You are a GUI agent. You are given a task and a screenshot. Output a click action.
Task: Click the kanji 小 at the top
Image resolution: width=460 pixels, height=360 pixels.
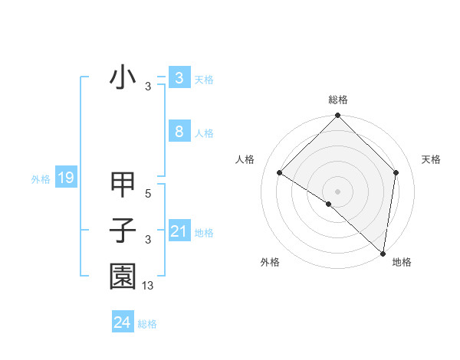(123, 78)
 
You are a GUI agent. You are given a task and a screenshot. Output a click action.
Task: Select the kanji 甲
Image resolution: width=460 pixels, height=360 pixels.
(123, 185)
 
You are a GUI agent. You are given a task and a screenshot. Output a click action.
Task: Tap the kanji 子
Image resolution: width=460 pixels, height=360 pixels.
(123, 231)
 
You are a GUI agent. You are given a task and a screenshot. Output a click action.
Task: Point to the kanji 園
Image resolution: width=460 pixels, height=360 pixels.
(123, 277)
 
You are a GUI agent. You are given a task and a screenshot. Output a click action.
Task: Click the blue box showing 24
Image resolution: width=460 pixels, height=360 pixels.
(122, 322)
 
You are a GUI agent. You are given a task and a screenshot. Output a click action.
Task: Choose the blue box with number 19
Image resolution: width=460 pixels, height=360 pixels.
(65, 178)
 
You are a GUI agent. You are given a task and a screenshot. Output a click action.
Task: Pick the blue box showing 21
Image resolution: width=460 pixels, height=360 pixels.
(179, 231)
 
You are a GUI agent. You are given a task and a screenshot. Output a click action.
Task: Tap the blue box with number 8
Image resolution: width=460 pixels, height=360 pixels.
(179, 131)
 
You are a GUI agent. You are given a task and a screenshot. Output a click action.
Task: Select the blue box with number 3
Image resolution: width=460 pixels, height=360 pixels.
(179, 77)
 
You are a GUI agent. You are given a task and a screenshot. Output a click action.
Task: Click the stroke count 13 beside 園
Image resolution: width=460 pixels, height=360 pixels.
(148, 286)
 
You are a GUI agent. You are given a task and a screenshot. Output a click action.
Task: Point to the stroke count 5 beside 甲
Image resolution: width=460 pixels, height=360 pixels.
(148, 194)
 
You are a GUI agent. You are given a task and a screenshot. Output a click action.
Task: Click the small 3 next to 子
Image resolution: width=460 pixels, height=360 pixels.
(148, 240)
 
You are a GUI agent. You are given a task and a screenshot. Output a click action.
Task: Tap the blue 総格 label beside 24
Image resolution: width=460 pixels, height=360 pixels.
(147, 324)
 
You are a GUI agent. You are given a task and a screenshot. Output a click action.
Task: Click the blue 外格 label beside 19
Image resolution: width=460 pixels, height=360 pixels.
(41, 179)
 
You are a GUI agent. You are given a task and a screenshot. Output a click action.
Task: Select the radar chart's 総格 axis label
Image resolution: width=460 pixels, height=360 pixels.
(337, 100)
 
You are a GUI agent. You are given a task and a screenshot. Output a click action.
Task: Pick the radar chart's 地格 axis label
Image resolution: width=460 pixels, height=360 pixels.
(402, 262)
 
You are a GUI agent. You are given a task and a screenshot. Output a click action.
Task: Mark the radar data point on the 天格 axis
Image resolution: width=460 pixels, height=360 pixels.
(396, 172)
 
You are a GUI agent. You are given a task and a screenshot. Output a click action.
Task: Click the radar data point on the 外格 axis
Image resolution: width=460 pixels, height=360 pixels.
(329, 204)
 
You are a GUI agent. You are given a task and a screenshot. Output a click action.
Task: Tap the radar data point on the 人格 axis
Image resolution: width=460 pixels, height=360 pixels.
(279, 172)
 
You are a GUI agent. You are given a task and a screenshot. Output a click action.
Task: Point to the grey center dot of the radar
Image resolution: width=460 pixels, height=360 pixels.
(337, 191)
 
